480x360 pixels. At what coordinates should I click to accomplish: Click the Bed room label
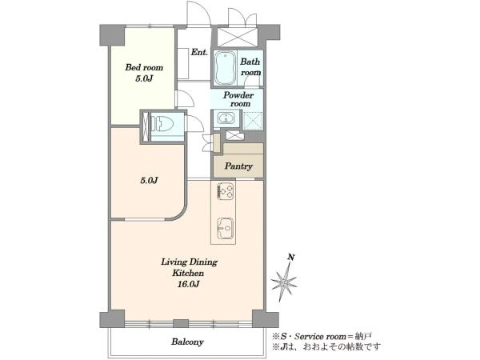(144, 67)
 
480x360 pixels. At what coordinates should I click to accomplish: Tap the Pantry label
(238, 166)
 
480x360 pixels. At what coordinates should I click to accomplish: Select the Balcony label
(187, 342)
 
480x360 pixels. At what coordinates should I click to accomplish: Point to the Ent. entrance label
(199, 52)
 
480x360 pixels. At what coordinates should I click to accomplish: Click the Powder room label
(238, 99)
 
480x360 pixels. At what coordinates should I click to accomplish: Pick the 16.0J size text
(188, 284)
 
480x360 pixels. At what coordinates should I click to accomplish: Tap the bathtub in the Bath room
(225, 68)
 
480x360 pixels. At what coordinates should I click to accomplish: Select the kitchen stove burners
(226, 191)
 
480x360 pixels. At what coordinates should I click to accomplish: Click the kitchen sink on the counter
(226, 228)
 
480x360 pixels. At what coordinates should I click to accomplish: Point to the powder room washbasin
(226, 118)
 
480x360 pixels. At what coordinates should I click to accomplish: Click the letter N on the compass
(291, 257)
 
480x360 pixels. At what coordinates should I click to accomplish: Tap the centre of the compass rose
(284, 282)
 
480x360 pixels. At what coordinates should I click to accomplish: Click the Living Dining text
(189, 262)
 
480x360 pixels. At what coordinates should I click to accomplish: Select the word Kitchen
(188, 273)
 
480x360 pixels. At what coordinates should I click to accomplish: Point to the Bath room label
(250, 67)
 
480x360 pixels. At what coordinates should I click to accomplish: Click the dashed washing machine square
(253, 121)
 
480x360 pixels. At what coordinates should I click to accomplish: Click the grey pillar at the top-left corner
(112, 35)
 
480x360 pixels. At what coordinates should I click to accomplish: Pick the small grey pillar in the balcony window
(181, 323)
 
